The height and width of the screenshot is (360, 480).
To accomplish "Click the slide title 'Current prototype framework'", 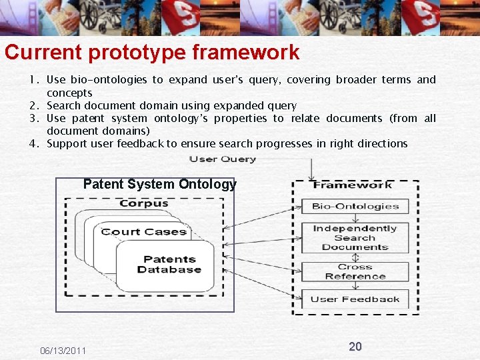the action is click(152, 53).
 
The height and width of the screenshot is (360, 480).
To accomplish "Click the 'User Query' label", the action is click(223, 159).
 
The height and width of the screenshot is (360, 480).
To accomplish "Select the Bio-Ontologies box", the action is click(355, 207).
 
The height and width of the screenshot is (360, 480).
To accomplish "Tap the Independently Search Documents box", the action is click(355, 238).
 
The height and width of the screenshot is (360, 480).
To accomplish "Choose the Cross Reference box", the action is click(355, 271).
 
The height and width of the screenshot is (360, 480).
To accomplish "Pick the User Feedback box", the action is click(355, 299).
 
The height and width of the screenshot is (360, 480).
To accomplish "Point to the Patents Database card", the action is click(169, 265).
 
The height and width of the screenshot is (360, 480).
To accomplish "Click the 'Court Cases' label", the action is click(143, 232).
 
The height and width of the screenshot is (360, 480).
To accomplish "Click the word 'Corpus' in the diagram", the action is click(143, 203).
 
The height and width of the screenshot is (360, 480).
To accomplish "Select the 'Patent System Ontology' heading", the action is click(159, 185).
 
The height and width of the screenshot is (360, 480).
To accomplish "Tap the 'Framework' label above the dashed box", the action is click(353, 185).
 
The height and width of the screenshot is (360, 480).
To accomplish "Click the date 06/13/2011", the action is click(63, 351).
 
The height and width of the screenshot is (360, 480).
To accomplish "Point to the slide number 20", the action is click(355, 346).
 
